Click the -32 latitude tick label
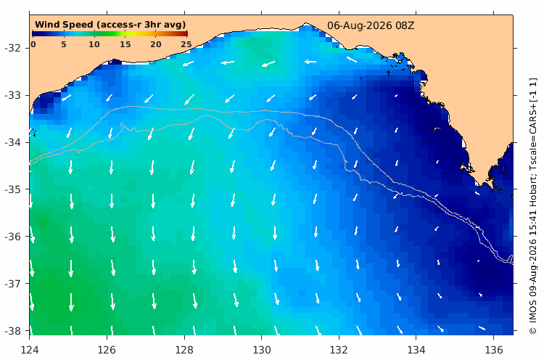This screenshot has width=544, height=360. click(12, 48)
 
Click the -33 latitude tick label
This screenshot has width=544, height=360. click(12, 95)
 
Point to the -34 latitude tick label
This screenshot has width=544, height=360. click(12, 142)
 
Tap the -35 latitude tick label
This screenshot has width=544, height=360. click(12, 189)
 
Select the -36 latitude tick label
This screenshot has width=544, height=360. click(12, 237)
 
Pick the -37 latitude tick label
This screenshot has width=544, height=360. click(12, 284)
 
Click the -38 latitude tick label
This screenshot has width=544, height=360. click(12, 331)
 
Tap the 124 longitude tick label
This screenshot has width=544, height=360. click(30, 350)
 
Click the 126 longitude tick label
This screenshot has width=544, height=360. click(107, 350)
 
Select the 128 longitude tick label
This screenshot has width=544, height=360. click(184, 350)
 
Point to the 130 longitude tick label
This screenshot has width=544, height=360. click(262, 350)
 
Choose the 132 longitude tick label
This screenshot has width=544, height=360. click(339, 350)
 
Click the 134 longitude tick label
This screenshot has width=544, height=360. click(416, 350)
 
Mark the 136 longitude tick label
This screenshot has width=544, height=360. click(494, 350)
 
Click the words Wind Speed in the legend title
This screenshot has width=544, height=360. click(64, 25)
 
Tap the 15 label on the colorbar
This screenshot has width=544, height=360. click(125, 44)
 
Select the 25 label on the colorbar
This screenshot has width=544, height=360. click(186, 44)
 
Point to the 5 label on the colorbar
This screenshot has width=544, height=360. click(64, 44)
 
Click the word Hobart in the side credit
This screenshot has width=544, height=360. click(533, 197)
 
